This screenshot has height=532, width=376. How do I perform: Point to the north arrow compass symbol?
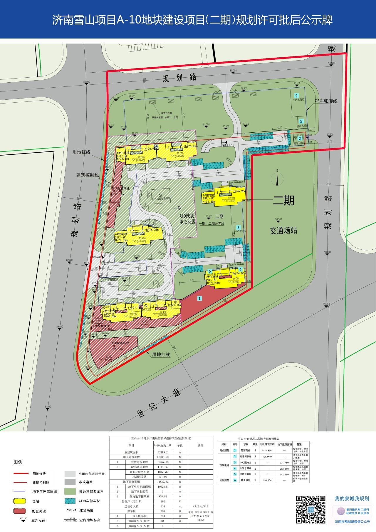277,178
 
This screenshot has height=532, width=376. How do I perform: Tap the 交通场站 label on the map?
283,230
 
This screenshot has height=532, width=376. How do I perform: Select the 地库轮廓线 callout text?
326,101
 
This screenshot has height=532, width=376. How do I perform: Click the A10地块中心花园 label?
187,219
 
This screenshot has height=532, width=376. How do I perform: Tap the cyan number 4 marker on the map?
296,96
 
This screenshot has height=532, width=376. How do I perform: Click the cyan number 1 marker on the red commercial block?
199,298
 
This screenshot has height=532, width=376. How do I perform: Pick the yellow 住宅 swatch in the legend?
20,501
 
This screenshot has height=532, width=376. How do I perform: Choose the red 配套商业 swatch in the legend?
20,511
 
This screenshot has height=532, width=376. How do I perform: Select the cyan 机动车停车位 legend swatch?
70,501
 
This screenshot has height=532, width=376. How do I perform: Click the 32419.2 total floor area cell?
162,452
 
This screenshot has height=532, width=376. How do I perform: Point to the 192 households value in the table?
162,501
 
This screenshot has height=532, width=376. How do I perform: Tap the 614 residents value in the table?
162,506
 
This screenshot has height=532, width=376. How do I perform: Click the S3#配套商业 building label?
120,343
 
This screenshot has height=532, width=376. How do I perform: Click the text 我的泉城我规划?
352,498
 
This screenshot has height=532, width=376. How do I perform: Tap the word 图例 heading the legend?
18,462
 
